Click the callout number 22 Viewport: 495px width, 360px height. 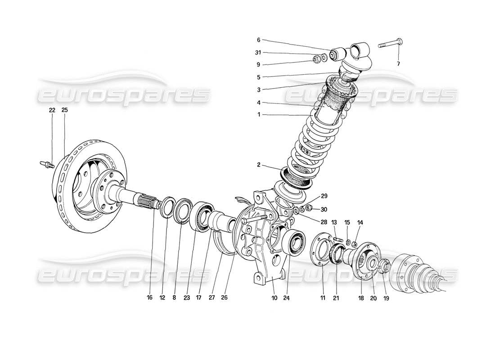[x=52, y=110]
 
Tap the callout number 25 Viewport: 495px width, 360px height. [x=65, y=110]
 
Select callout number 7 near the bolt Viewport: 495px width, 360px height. [x=398, y=63]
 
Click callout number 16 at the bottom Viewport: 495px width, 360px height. [x=150, y=297]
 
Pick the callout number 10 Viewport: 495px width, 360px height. [x=274, y=297]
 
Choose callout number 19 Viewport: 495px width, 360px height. [x=386, y=297]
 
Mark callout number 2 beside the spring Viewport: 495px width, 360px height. [x=259, y=166]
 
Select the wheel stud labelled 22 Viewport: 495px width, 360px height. [x=47, y=164]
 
